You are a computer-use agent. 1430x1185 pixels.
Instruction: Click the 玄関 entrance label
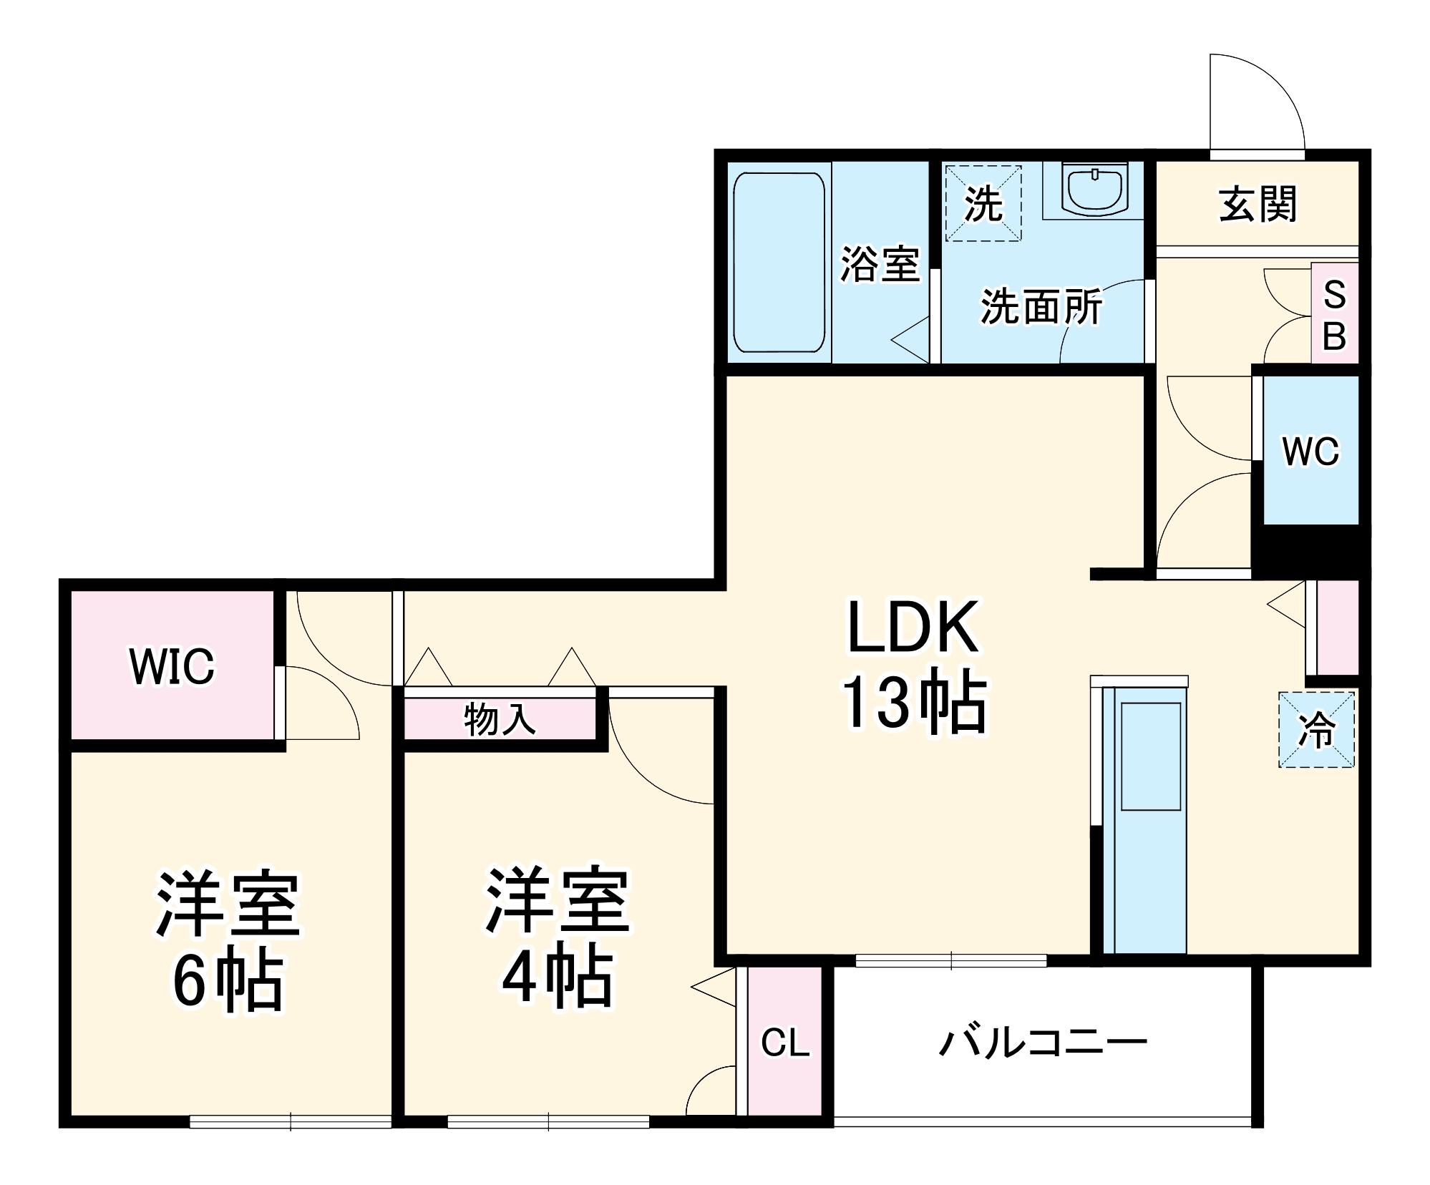coord(1257,205)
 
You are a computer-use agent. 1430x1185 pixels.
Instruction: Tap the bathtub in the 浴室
coord(779,262)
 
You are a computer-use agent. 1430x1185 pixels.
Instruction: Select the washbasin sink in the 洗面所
coord(1094,189)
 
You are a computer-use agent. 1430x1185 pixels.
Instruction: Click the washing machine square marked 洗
coord(983,204)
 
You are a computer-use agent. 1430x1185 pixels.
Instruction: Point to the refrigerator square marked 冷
coord(1316,730)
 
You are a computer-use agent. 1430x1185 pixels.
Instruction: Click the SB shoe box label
coord(1334,315)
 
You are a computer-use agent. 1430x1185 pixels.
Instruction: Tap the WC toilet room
coord(1310,451)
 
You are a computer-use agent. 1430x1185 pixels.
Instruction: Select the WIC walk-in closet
coord(172,665)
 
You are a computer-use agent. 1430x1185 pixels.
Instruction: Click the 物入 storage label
coord(500,718)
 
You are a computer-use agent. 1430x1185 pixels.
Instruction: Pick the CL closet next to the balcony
coord(784,1042)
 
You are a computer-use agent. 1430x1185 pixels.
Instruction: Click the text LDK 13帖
coord(913,665)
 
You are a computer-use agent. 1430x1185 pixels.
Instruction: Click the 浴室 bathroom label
coord(879,263)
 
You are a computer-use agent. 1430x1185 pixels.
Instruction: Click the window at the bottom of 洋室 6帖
coord(291,1121)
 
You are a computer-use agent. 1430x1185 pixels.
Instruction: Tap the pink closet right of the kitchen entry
coord(1337,627)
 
